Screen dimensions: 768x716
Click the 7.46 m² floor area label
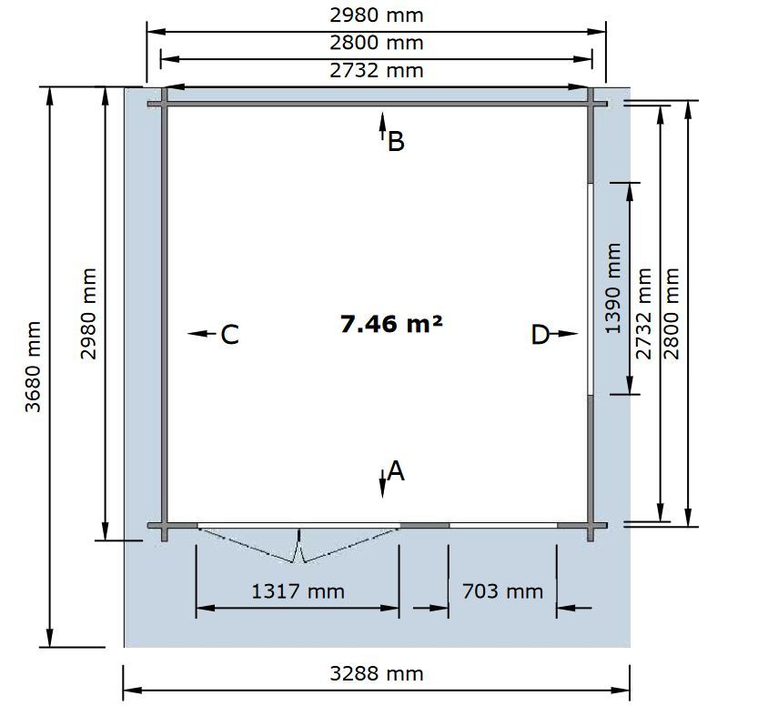(391, 324)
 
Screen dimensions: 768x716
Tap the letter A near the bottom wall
(396, 471)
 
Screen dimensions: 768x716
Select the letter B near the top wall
(396, 142)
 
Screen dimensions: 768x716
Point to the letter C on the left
(229, 335)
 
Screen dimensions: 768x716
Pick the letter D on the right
(541, 335)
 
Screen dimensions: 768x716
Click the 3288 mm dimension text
(376, 674)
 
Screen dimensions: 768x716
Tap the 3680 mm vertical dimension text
(33, 367)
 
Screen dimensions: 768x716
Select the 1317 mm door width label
(298, 591)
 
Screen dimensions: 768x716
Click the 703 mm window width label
(502, 591)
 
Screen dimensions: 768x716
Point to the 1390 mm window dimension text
(612, 288)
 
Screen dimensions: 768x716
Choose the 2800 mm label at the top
(376, 43)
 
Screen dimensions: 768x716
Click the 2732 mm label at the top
(376, 71)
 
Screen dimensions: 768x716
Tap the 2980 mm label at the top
(376, 15)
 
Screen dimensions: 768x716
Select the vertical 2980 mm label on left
(88, 314)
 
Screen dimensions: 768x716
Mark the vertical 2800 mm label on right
(671, 314)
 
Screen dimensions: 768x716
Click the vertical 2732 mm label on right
(643, 314)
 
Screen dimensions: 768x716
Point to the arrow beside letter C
(202, 334)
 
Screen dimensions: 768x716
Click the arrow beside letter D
(564, 334)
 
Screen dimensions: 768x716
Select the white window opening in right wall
(591, 289)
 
